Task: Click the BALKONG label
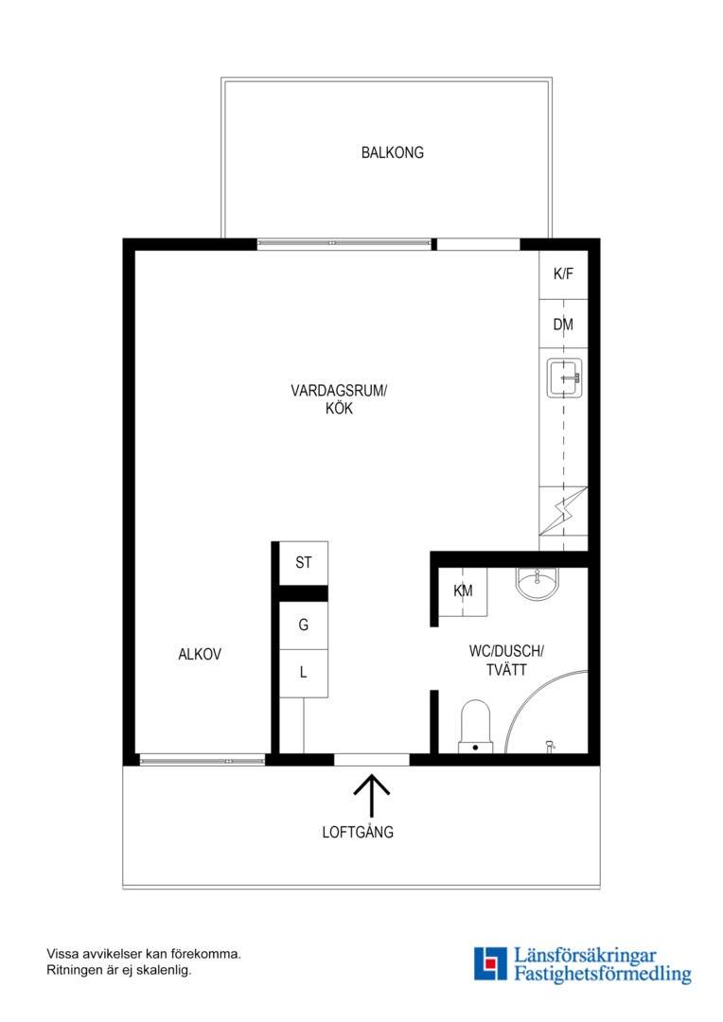point(393,152)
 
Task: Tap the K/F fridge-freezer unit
point(563,274)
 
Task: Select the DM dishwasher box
point(563,324)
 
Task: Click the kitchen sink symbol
point(565,378)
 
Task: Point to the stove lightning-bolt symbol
point(563,511)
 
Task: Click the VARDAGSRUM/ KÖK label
point(339,399)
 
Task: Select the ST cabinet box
point(303,562)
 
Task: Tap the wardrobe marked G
point(303,626)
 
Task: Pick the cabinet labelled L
point(303,673)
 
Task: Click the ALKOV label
point(200,655)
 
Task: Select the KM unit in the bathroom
point(463,591)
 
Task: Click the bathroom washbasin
point(537,582)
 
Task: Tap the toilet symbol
point(475,727)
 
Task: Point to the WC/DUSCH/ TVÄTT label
point(506,661)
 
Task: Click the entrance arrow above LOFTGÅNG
point(372,795)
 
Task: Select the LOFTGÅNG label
point(358,833)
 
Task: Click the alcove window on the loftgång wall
point(203,760)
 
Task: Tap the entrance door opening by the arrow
point(372,759)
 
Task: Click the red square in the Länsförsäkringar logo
point(490,962)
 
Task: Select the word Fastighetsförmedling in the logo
point(603,975)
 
